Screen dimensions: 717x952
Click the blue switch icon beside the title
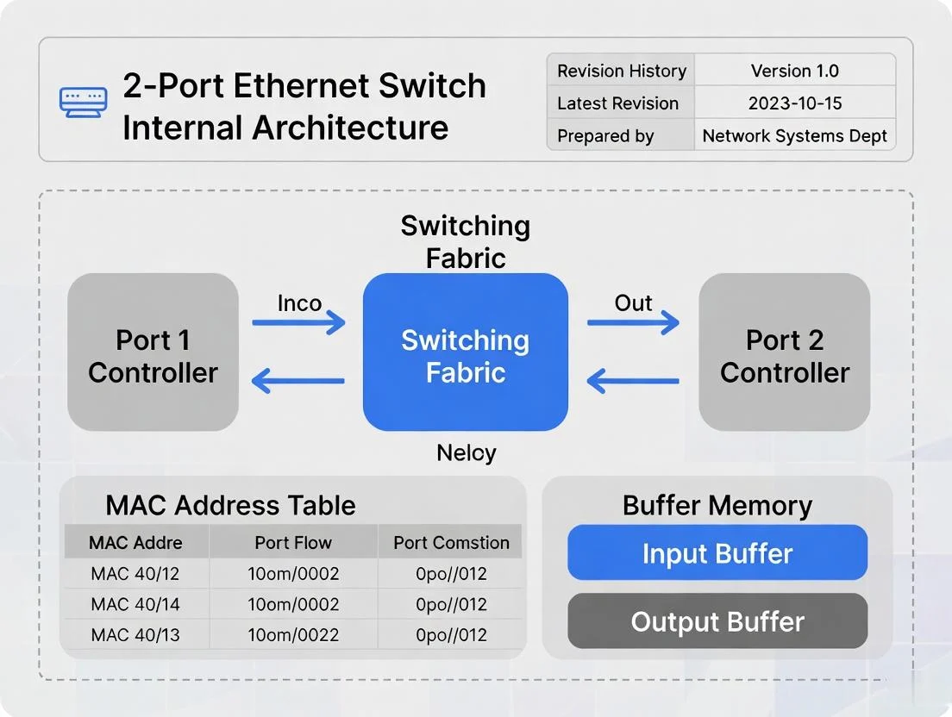(x=84, y=103)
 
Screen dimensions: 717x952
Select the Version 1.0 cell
(x=794, y=71)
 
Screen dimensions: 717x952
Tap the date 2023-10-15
(x=794, y=103)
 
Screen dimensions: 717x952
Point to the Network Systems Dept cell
(x=794, y=135)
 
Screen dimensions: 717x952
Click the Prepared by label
(x=605, y=136)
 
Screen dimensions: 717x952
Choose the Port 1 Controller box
(x=153, y=352)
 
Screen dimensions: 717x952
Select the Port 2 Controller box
(x=784, y=352)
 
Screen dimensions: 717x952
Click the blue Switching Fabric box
(x=466, y=352)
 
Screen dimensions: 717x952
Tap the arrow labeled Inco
(x=298, y=323)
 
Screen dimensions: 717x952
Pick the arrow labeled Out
(x=633, y=323)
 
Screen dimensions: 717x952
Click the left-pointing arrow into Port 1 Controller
(x=298, y=380)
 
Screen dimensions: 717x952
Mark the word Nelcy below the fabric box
(x=466, y=452)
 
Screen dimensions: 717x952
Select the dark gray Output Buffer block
(x=717, y=621)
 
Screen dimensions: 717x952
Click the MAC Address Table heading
(x=230, y=505)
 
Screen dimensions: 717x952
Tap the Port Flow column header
(x=293, y=543)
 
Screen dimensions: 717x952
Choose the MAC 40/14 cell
(x=135, y=604)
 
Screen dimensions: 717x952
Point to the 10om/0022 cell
(x=293, y=635)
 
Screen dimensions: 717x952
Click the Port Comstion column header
(x=451, y=543)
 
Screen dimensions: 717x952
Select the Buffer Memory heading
(x=717, y=506)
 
